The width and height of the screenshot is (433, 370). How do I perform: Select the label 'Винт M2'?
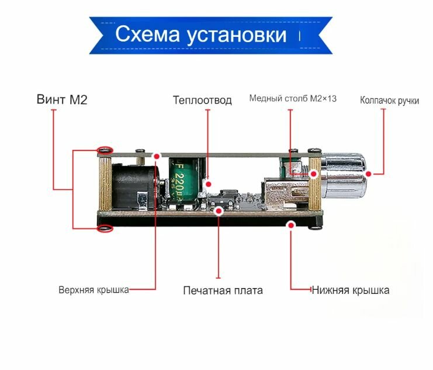point(61,99)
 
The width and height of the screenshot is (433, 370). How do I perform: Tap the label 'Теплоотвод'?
point(202,100)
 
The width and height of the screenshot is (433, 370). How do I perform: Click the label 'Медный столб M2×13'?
point(293,98)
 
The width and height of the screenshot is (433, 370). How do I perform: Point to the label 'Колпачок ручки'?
point(389,100)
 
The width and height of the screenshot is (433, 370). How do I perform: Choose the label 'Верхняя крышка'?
point(93,289)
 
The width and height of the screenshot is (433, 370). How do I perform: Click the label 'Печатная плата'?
point(223,290)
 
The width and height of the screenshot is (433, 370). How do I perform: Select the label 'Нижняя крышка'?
point(350,289)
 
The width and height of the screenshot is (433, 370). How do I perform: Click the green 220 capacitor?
point(185,179)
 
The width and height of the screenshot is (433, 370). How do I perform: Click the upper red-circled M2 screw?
point(105,150)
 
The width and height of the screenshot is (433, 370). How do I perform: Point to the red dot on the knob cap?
point(369,173)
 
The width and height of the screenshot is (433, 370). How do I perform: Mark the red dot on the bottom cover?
point(290,224)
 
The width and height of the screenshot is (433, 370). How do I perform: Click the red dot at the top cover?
point(157,156)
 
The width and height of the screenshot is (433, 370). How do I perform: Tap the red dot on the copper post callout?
point(313,173)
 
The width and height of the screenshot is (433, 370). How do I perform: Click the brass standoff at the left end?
point(105,187)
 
